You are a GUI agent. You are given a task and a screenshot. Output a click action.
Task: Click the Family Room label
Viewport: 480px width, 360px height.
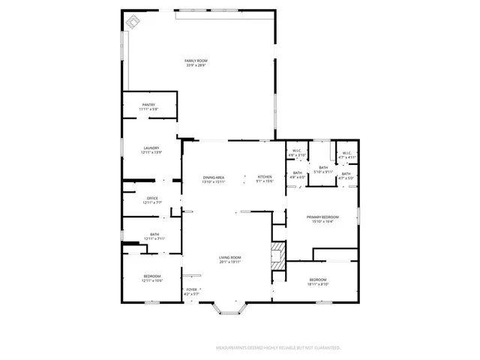pyautogui.click(x=196, y=62)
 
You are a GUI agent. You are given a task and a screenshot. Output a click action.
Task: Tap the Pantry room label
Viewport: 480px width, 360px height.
pyautogui.click(x=148, y=107)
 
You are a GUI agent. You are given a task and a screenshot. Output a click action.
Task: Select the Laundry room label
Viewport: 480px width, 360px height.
pyautogui.click(x=151, y=150)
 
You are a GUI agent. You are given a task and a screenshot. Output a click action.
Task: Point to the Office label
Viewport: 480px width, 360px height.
pyautogui.click(x=152, y=200)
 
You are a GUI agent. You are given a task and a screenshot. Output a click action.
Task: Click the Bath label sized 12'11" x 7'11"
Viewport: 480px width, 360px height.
pyautogui.click(x=154, y=236)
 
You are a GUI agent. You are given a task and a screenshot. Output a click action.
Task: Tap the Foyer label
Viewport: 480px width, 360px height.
pyautogui.click(x=192, y=291)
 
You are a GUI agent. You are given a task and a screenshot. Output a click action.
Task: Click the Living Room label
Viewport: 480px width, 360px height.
pyautogui.click(x=229, y=259)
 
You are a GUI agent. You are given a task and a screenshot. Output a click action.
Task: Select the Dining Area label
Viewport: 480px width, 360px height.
pyautogui.click(x=214, y=179)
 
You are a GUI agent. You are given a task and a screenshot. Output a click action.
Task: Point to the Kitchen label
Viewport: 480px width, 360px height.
pyautogui.click(x=265, y=178)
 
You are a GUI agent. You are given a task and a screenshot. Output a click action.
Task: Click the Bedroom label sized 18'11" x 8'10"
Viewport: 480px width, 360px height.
pyautogui.click(x=318, y=281)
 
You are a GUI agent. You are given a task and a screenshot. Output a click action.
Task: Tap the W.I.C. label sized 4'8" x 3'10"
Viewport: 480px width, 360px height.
pyautogui.click(x=296, y=153)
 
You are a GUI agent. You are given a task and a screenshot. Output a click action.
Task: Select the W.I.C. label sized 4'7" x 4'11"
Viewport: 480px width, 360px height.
pyautogui.click(x=346, y=155)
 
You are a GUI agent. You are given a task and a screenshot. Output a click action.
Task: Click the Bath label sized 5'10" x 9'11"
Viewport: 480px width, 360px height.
pyautogui.click(x=323, y=169)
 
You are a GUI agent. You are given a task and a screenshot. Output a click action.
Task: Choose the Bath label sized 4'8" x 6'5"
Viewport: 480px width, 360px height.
pyautogui.click(x=298, y=175)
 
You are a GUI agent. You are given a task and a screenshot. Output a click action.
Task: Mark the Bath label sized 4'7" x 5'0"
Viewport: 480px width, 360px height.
pyautogui.click(x=346, y=176)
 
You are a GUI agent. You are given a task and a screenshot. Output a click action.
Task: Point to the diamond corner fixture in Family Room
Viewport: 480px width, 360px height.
pyautogui.click(x=133, y=21)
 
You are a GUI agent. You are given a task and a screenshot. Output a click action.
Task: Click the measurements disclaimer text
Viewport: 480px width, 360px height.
pyautogui.click(x=278, y=348)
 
